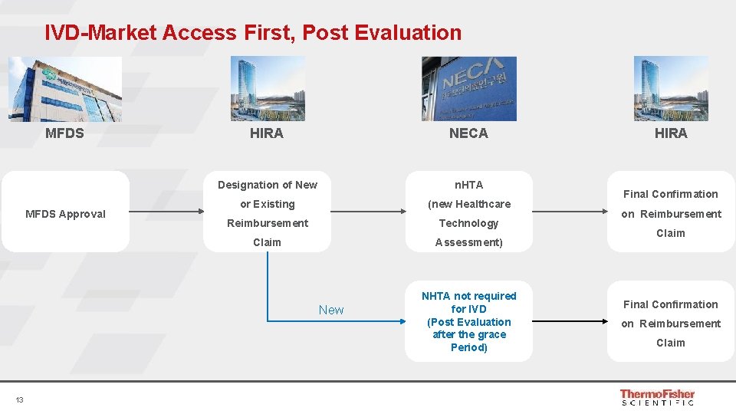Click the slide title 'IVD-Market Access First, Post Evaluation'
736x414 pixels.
(253, 33)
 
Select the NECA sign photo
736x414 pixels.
(468, 89)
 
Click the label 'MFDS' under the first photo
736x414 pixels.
(65, 133)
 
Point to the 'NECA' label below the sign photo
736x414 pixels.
(468, 133)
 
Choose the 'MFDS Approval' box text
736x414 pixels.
(65, 214)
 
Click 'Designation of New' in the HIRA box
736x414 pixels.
(268, 185)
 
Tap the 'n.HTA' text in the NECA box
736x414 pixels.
(468, 185)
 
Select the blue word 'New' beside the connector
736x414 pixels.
(331, 310)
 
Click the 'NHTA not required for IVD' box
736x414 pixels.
(468, 302)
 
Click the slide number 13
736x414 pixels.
(19, 399)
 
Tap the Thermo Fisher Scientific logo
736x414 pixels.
(657, 396)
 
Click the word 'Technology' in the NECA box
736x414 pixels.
(468, 223)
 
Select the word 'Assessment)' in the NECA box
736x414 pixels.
(468, 242)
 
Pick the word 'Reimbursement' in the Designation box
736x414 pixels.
(268, 223)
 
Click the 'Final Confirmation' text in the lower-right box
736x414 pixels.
(671, 304)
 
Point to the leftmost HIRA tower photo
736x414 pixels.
(268, 89)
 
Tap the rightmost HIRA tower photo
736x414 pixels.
(671, 89)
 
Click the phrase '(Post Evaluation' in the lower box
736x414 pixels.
(468, 322)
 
